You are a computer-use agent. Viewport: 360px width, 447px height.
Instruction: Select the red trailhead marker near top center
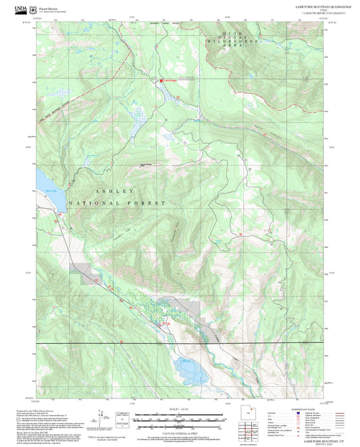(160, 82)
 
